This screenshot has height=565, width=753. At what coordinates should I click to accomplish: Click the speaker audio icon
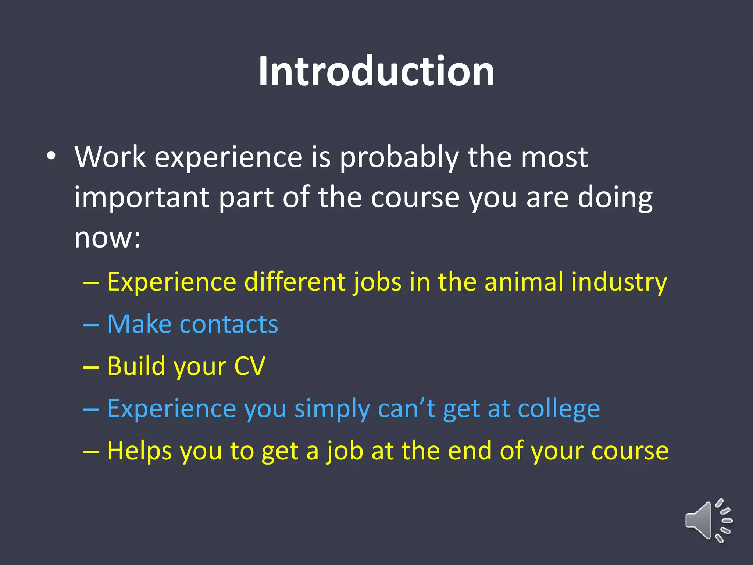708,521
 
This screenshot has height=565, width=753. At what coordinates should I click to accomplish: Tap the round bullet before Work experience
51,156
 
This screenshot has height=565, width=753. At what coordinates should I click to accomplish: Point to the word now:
107,238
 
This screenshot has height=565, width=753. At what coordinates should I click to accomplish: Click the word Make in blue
139,324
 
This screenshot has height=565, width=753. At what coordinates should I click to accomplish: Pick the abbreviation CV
250,366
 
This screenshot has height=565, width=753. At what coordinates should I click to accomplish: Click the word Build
136,366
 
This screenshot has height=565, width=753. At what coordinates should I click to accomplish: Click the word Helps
139,451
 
